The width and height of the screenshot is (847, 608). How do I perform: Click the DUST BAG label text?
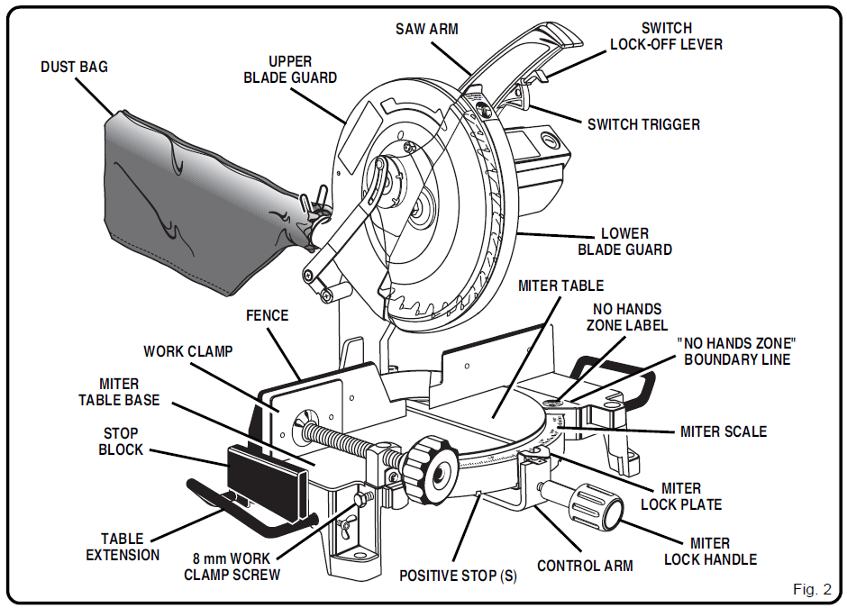74,68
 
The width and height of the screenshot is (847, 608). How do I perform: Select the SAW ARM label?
427,29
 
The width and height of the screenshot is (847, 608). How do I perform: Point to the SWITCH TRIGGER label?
643,124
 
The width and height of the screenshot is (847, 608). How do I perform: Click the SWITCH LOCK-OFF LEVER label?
666,36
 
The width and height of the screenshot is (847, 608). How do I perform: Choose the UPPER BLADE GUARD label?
290,70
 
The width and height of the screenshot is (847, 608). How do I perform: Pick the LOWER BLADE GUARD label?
624,241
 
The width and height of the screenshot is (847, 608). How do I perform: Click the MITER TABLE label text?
560,286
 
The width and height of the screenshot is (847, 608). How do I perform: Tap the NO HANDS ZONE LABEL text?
627,317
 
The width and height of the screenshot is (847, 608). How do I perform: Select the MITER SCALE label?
724,431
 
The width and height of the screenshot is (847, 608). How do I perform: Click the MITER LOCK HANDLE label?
710,551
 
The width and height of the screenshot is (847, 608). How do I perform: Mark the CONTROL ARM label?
585,566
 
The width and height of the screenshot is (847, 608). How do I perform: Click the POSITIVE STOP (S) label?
458,576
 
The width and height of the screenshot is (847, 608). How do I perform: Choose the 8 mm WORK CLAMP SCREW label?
232,567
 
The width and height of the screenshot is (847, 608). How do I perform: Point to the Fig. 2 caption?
812,589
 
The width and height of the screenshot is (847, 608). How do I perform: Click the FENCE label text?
268,315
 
